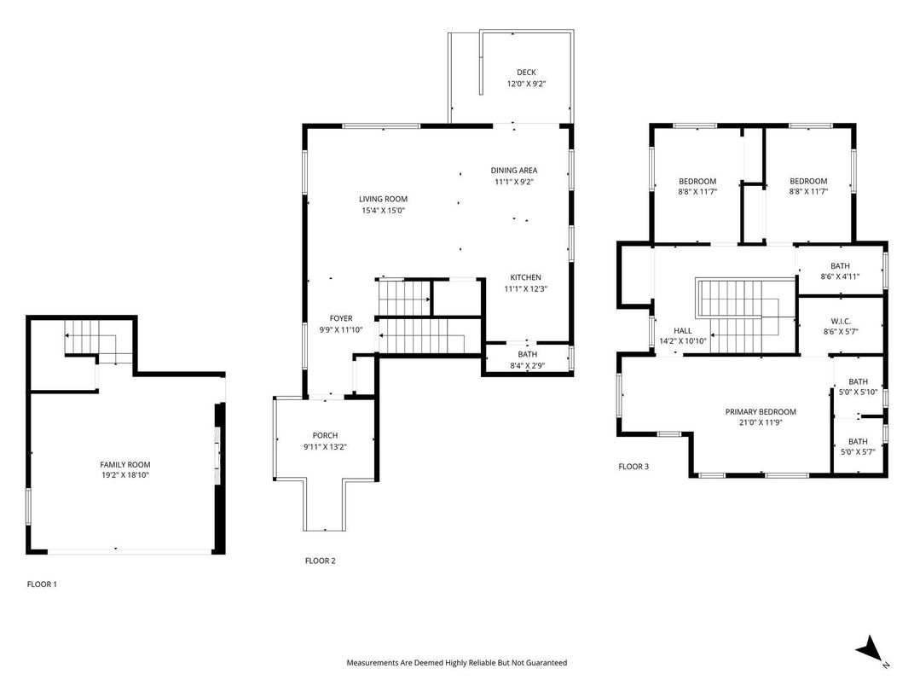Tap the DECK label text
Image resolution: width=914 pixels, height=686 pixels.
click(x=526, y=73)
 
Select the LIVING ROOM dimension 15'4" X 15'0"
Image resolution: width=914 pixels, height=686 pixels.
click(x=382, y=210)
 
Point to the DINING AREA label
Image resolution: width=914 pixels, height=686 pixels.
click(x=514, y=170)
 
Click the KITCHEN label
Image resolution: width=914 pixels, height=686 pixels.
click(x=525, y=277)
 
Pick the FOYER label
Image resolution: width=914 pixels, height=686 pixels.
click(x=341, y=318)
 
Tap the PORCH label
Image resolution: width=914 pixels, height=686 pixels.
click(x=325, y=435)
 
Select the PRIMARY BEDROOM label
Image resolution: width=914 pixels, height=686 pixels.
click(x=760, y=411)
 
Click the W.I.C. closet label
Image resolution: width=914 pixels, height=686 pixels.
click(x=839, y=321)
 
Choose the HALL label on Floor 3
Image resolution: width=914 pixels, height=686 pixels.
click(x=682, y=330)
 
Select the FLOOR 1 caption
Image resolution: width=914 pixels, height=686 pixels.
click(x=42, y=584)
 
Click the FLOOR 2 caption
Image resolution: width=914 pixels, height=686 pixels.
click(x=321, y=561)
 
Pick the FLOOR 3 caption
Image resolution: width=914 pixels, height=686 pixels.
click(x=633, y=467)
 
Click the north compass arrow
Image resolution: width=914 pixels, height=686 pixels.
click(x=870, y=649)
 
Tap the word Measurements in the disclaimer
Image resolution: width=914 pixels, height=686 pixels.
click(x=373, y=662)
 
